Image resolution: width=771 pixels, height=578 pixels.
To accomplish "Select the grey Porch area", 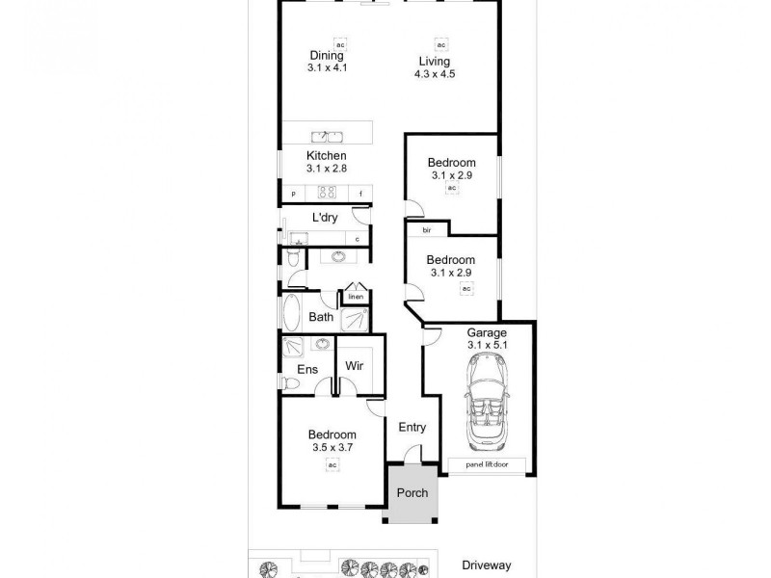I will (412, 493).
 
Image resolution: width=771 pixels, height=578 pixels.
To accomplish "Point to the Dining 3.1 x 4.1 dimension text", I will (327, 68).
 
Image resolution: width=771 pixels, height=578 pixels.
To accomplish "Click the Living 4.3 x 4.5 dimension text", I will (434, 73).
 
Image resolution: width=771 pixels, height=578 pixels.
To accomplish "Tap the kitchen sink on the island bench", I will (327, 136).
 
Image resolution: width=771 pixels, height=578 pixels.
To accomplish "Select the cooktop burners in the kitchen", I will (326, 191).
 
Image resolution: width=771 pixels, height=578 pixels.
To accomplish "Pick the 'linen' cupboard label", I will (355, 298).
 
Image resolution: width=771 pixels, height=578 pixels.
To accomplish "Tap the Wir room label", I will (354, 367).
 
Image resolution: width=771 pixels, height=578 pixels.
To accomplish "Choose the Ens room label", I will (306, 369).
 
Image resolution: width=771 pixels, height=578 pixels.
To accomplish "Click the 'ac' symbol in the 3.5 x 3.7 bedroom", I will (332, 464).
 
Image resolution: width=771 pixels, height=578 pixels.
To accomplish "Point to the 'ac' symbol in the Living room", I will (441, 45).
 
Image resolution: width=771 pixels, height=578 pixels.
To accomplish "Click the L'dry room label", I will (324, 218).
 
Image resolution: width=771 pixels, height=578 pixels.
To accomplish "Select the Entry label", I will (412, 429).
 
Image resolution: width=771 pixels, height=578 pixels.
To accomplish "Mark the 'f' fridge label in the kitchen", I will (360, 195).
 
